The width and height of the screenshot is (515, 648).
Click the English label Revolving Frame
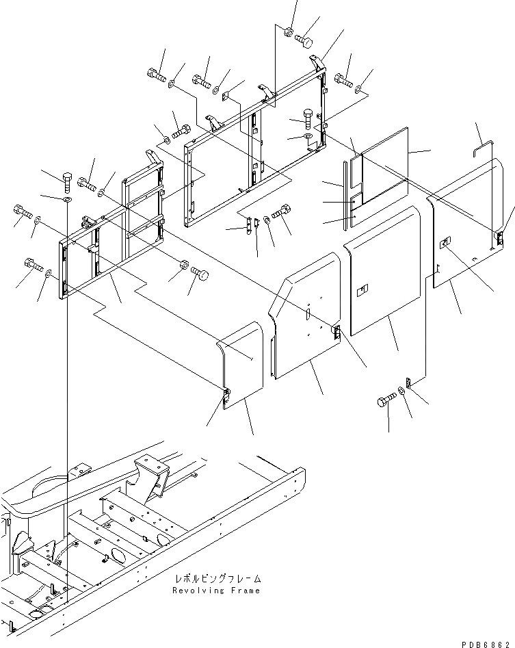tap(216, 591)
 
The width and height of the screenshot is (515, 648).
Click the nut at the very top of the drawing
tap(289, 31)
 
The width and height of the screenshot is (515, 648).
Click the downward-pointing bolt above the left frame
tap(66, 181)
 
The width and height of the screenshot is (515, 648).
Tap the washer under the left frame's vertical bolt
tap(66, 200)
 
